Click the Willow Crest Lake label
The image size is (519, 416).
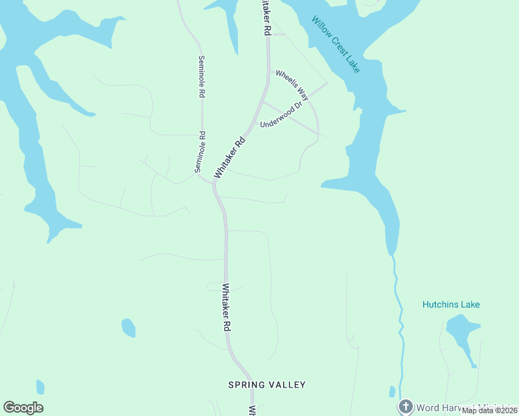tap(335, 45)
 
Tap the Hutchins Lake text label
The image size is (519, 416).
tap(451, 304)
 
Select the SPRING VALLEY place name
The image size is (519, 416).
tap(267, 384)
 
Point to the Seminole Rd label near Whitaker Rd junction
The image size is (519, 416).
tap(200, 152)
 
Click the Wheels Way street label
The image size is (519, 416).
tap(291, 85)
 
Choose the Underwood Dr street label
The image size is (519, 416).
tap(282, 116)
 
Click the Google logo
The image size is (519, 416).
tap(23, 408)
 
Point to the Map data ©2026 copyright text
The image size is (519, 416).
tap(490, 410)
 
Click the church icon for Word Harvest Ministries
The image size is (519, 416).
tap(405, 406)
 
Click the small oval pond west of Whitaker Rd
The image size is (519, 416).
tap(128, 327)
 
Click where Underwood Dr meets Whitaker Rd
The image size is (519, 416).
tap(262, 102)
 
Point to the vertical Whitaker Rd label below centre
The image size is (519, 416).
tap(227, 306)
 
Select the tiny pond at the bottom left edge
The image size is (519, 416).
tap(40, 387)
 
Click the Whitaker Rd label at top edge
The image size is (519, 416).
tap(264, 18)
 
